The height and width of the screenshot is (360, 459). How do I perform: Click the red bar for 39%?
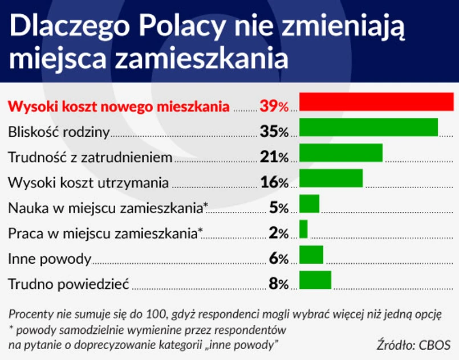pos(376,101)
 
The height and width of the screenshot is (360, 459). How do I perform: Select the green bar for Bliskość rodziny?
pos(368,127)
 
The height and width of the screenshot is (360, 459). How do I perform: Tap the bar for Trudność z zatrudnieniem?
pos(340,153)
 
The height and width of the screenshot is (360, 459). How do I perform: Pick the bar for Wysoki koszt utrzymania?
pos(331,178)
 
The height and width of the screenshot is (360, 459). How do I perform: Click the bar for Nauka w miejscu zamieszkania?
pos(309,203)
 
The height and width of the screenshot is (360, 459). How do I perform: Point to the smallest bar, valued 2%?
pos(303,229)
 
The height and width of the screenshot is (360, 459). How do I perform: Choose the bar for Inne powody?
pos(311,255)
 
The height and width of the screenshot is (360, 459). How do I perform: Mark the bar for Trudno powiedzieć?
pos(315,280)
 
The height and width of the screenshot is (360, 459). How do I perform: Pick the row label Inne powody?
pos(50,259)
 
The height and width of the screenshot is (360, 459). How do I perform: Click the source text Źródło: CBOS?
pos(413,345)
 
